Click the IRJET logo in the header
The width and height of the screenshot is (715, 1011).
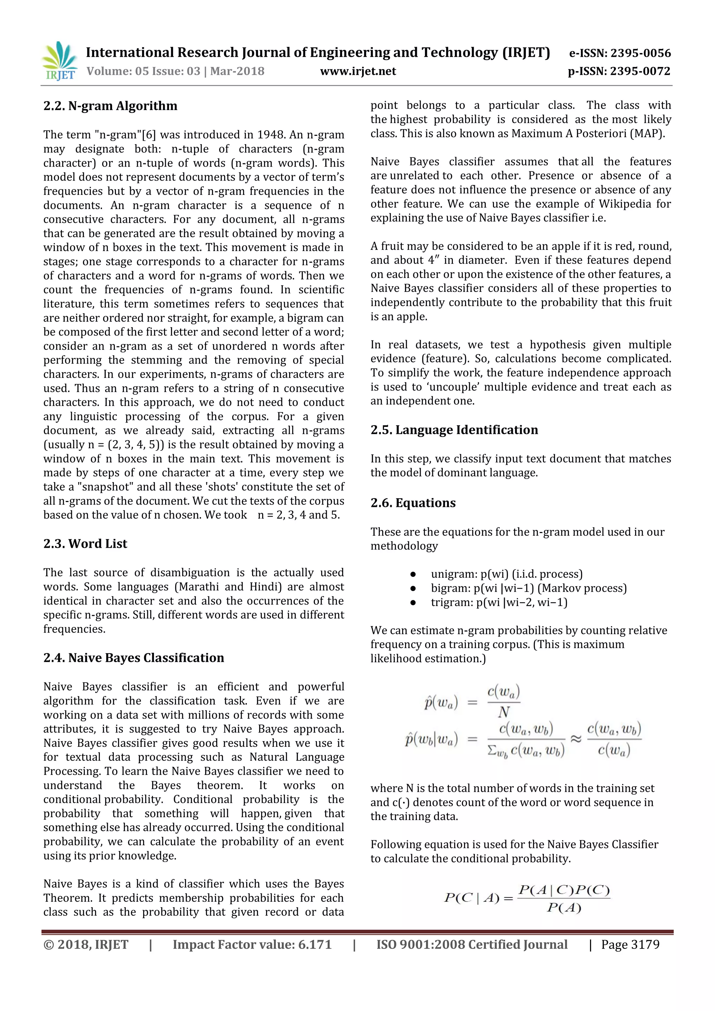tap(59, 61)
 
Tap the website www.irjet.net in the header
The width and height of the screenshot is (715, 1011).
tap(357, 71)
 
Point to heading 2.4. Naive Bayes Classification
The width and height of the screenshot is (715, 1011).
tap(133, 657)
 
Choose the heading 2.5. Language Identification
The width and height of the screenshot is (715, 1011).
tap(454, 429)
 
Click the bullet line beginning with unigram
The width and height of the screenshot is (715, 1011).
tap(506, 574)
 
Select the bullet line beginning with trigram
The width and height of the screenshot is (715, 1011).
tap(499, 602)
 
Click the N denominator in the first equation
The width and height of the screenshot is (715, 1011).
tap(504, 712)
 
